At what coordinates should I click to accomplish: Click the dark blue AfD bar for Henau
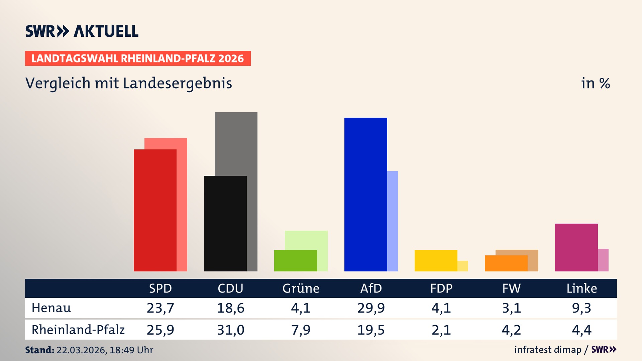point(365,194)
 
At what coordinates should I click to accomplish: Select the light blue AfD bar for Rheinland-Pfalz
point(393,221)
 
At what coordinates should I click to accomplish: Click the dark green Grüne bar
point(295,260)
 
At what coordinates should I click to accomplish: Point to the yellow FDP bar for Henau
point(436,260)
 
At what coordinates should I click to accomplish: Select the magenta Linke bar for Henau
point(576,247)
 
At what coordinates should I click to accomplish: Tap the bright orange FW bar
point(506,263)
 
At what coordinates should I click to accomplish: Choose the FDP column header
point(441,288)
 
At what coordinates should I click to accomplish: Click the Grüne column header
point(301,288)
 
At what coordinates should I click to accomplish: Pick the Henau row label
point(51,308)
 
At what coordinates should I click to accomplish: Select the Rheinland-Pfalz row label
point(78,330)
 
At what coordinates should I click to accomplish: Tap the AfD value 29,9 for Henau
point(371,308)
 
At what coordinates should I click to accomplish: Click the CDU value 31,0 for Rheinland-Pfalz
point(230,330)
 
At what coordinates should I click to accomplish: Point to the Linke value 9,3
point(581,308)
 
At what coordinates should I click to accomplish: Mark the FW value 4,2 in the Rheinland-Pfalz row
point(511,330)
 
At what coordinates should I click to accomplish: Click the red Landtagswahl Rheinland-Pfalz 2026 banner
point(138,58)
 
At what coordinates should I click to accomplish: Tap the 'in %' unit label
point(595,83)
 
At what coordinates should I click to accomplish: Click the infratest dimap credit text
point(548,350)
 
